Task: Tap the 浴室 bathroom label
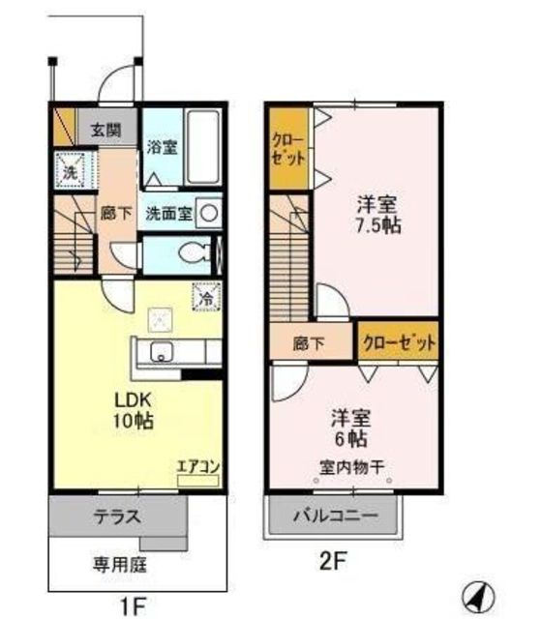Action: click(x=162, y=148)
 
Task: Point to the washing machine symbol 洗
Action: click(x=71, y=173)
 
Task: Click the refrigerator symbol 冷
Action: click(x=206, y=297)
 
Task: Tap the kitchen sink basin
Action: click(x=161, y=350)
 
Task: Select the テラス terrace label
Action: click(x=118, y=516)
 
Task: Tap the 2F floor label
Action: click(x=334, y=559)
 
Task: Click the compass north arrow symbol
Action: click(x=477, y=592)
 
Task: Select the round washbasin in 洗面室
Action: click(x=212, y=212)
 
